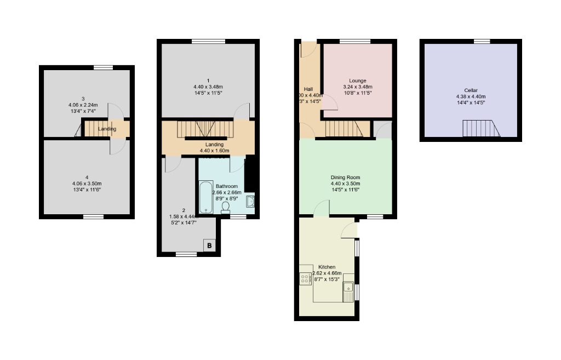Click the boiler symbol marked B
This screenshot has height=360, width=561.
click(x=209, y=245)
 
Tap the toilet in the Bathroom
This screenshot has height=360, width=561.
click(x=226, y=208)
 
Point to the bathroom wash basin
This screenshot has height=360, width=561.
click(x=251, y=201)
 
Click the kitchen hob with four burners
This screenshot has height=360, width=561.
click(x=305, y=279)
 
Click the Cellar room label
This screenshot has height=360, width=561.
click(x=471, y=90)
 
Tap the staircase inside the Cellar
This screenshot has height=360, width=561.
click(x=481, y=129)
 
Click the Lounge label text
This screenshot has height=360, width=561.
click(x=357, y=81)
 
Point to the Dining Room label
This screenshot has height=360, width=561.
click(x=345, y=177)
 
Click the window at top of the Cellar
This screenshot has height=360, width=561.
click(x=482, y=41)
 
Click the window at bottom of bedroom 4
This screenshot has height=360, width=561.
click(x=93, y=217)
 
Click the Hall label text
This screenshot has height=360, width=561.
click(x=308, y=89)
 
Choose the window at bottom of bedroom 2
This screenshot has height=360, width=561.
click(x=186, y=254)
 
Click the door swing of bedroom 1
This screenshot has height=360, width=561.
click(x=241, y=111)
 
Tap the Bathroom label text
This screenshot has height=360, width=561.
click(x=226, y=186)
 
